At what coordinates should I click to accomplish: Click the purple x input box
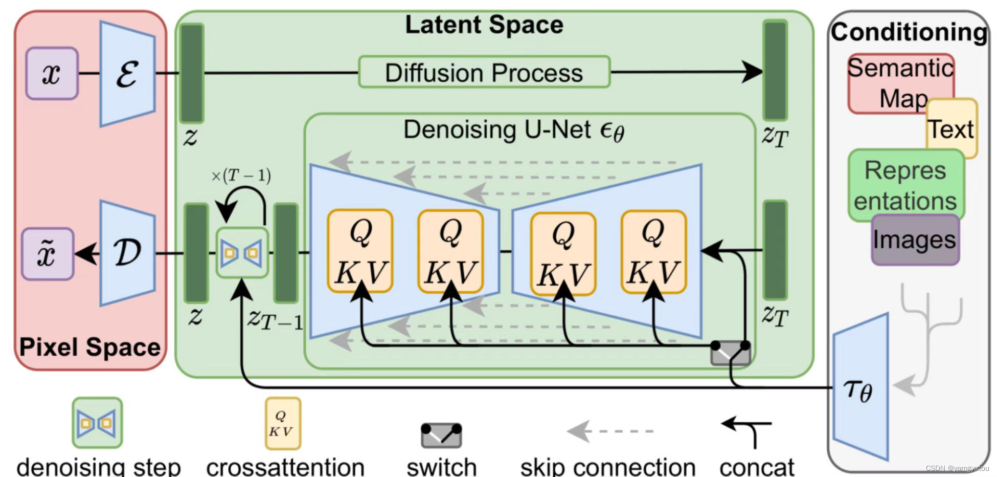click(52, 74)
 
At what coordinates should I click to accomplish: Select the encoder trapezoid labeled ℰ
click(127, 74)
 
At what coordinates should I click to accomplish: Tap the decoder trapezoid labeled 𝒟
click(127, 253)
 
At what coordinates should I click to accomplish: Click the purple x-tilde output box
click(48, 254)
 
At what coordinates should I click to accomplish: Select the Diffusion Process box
click(484, 72)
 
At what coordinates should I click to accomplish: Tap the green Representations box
click(905, 185)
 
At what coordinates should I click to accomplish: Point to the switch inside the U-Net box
click(730, 353)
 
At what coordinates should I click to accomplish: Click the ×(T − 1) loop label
click(241, 176)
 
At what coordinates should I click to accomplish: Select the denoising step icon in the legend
click(97, 423)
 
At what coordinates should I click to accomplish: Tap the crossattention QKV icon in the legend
click(282, 424)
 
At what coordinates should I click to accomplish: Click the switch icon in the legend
click(441, 435)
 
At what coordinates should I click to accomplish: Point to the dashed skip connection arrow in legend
click(610, 431)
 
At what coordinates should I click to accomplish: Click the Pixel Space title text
click(90, 347)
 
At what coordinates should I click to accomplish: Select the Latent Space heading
click(484, 25)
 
